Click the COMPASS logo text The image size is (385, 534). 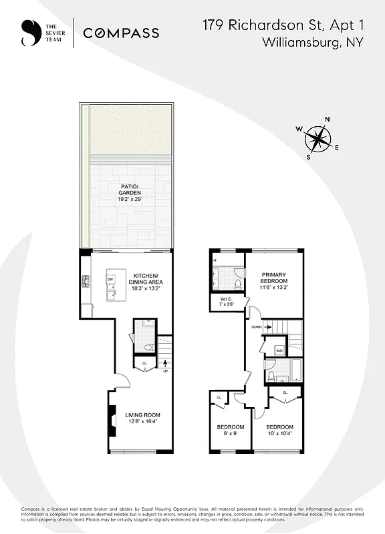(121, 33)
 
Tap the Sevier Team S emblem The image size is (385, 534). (28, 33)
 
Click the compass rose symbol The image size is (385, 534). (318, 140)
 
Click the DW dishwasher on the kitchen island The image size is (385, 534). (110, 280)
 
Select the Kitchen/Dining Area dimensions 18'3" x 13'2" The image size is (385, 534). (145, 289)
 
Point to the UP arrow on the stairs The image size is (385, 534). (165, 364)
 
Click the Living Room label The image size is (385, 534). (143, 415)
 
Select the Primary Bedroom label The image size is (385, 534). (274, 278)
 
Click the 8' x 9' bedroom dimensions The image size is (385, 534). (230, 434)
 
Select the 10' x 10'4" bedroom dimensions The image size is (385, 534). (279, 434)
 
